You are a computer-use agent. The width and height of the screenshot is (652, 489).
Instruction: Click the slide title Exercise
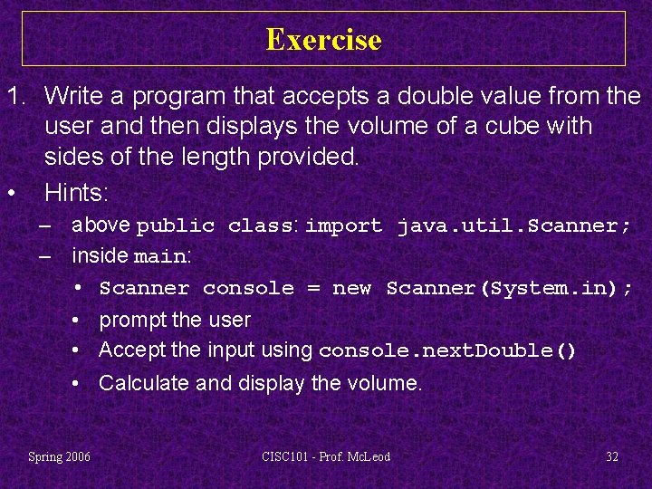tap(324, 40)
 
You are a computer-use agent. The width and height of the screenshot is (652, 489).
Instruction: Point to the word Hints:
tap(76, 192)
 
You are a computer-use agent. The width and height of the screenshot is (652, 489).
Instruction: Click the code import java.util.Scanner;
tap(468, 225)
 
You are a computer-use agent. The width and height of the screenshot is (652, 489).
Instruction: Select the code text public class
tap(215, 225)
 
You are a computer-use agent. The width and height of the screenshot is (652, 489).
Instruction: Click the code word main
tap(159, 257)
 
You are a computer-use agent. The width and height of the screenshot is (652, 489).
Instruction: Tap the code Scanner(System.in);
tap(509, 289)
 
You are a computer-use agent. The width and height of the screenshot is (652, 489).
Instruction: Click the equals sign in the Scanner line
tap(313, 289)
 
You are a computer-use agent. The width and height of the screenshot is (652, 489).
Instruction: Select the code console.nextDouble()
tap(448, 351)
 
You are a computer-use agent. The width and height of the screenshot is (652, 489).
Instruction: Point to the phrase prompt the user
tap(175, 320)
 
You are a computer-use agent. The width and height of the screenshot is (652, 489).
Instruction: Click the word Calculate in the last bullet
tap(144, 383)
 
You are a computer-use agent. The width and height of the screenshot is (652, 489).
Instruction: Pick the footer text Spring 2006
tap(59, 456)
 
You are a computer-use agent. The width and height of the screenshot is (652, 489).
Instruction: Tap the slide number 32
tap(612, 456)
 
